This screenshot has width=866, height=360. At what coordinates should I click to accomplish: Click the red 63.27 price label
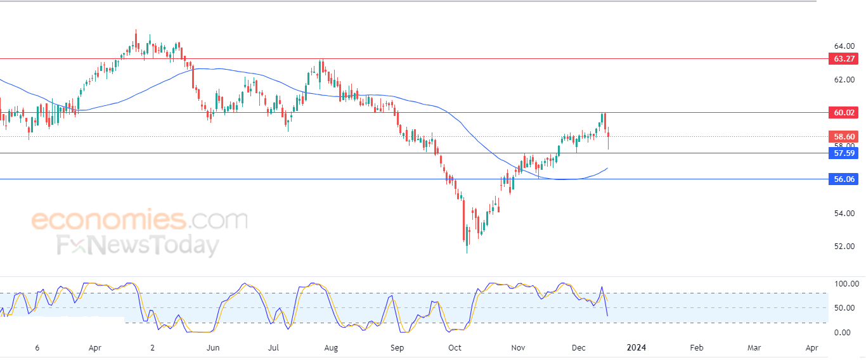(843, 59)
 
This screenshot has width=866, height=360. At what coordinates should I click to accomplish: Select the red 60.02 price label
(843, 113)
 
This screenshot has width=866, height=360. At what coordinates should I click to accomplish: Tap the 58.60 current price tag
(843, 137)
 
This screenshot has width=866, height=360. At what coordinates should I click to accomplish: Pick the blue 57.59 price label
(843, 153)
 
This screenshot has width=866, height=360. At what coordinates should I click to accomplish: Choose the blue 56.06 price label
(843, 179)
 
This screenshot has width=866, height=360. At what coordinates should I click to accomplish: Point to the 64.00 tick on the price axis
(843, 46)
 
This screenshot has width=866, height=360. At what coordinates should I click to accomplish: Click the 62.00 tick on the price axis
(843, 80)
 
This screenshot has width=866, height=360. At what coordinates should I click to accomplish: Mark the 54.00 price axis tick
(843, 213)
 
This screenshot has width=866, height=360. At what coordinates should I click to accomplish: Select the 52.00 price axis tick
(843, 247)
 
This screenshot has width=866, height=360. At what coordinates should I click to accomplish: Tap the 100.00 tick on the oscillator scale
(846, 284)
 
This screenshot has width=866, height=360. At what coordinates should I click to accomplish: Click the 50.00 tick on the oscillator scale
(846, 308)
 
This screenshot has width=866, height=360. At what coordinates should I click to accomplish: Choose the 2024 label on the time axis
(637, 348)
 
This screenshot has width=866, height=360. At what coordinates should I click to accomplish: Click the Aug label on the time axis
(330, 348)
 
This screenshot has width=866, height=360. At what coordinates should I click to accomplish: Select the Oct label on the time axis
(455, 348)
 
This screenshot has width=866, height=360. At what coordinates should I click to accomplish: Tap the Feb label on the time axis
(696, 348)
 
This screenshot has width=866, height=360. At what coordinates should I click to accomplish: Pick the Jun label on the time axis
(213, 348)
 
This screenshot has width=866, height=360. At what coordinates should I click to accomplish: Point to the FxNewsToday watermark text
(138, 245)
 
